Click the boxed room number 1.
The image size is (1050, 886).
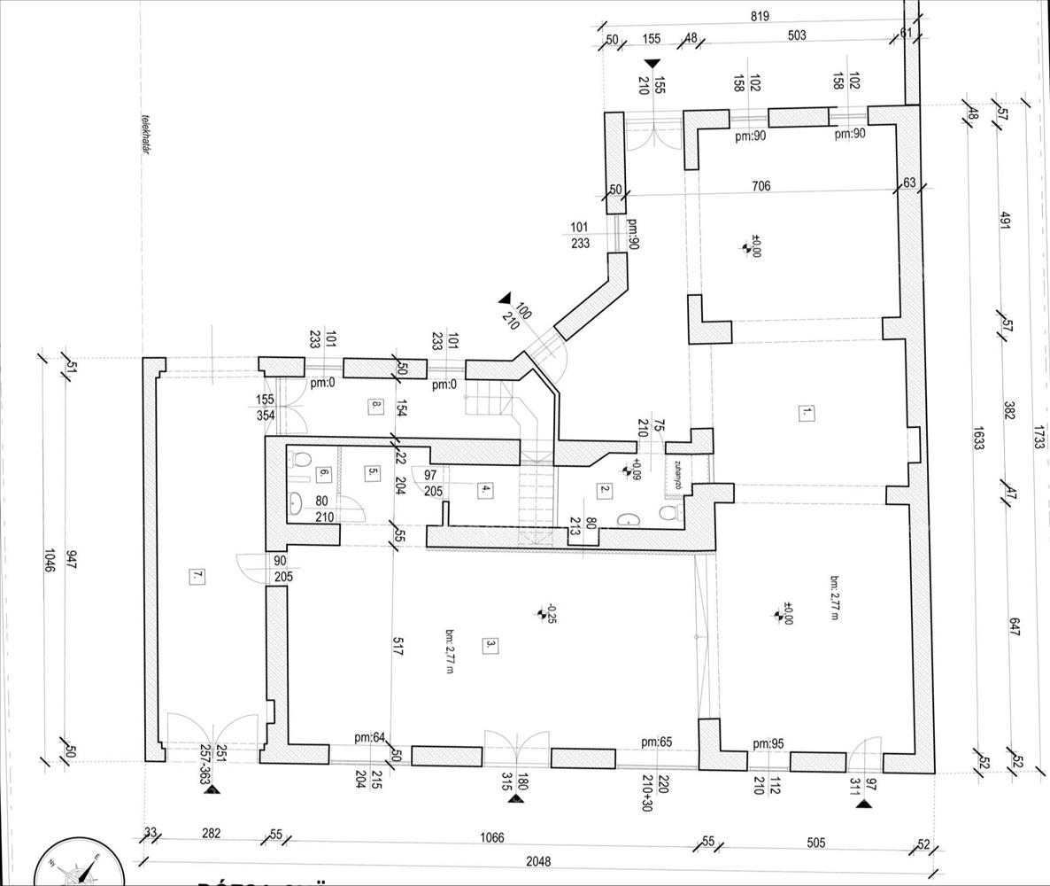(x=806, y=412)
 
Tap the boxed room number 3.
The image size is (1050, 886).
(x=488, y=645)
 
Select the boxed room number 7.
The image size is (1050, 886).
(x=197, y=576)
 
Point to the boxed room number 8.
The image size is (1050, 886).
(x=375, y=407)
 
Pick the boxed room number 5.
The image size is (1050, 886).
(x=371, y=473)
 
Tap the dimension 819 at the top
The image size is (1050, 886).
(x=759, y=16)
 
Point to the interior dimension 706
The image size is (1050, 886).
(x=760, y=186)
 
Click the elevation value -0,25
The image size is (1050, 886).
(x=550, y=613)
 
